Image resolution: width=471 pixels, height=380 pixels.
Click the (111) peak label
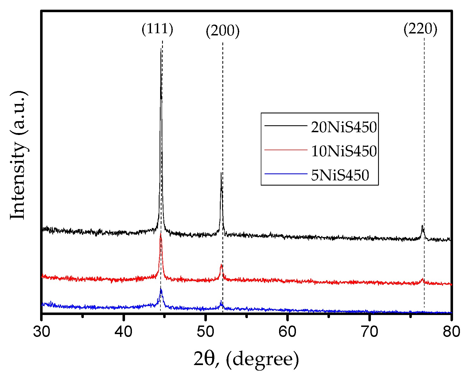pos(157,29)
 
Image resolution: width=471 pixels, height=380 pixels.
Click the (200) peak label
pos(222,31)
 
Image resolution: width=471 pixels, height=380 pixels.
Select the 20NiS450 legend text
pos(344,127)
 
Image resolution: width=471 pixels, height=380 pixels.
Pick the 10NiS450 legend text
pos(344,151)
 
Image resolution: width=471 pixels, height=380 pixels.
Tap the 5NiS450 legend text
pos(340,175)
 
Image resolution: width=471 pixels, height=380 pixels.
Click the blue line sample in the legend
pos(286,174)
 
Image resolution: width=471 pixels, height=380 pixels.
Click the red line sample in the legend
pos(286,150)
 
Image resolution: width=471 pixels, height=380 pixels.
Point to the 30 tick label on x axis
pos(42,331)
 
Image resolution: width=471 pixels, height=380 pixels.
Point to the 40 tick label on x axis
pos(124,331)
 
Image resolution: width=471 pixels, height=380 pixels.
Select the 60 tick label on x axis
pos(287,331)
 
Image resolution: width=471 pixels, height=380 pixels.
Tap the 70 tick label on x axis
pos(369,331)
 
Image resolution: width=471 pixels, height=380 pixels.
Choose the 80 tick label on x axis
pos(451,331)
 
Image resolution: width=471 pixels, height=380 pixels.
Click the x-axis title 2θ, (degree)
pos(246,359)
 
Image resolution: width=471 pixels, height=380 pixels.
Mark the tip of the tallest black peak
pos(161,49)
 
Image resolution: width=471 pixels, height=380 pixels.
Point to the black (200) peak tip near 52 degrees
pos(221,173)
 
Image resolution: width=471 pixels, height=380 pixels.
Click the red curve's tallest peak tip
pos(160,234)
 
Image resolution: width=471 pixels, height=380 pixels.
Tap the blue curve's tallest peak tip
pos(161,289)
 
